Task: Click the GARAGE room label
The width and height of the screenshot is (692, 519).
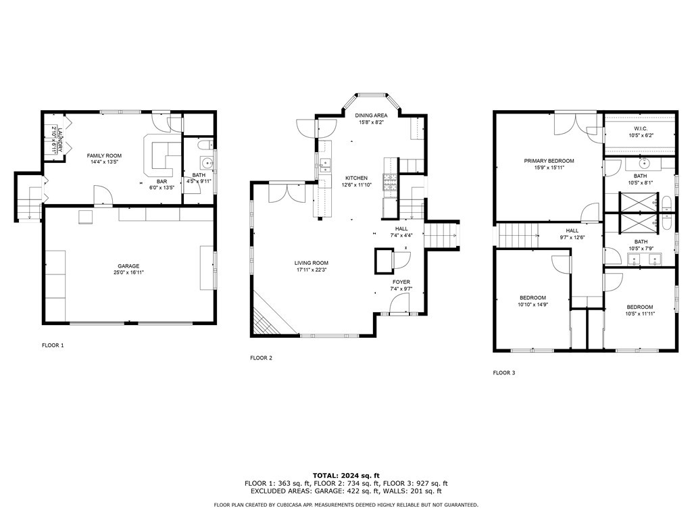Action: (128, 266)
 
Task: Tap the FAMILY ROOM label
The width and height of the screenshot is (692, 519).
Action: (104, 156)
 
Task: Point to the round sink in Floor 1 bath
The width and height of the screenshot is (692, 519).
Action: (206, 163)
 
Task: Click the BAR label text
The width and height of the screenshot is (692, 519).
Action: (162, 182)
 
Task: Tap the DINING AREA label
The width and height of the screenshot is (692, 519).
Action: (372, 116)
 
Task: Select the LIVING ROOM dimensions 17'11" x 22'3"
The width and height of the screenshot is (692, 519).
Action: (312, 270)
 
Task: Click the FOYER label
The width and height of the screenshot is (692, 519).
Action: (401, 282)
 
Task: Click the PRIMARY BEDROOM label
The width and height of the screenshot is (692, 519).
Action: (549, 161)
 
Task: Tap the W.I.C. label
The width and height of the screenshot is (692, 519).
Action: (641, 129)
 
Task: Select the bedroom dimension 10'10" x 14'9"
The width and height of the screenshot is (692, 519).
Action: (533, 304)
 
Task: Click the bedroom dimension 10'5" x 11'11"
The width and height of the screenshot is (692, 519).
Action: (640, 314)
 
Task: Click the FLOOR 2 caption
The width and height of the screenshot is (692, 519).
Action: (262, 358)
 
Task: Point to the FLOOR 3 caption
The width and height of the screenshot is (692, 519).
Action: (504, 373)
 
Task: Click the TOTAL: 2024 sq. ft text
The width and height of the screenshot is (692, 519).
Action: (346, 476)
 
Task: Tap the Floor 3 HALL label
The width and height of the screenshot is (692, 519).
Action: (572, 231)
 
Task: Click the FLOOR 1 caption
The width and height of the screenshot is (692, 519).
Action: (53, 345)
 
